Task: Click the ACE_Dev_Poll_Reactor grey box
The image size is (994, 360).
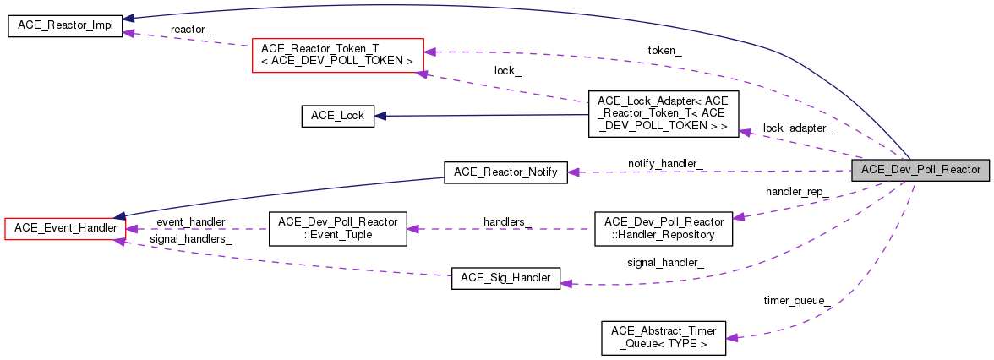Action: click(920, 170)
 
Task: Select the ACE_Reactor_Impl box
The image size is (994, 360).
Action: click(64, 26)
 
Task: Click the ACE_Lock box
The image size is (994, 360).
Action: click(337, 116)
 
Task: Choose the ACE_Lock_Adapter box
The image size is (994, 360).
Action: click(663, 114)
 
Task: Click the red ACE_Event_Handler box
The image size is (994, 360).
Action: click(64, 228)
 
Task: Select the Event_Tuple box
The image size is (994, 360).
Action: click(337, 228)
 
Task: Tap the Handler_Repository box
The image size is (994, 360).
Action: click(663, 228)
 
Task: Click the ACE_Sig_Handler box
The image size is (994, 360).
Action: click(505, 278)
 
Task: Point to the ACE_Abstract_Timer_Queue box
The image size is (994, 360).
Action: click(663, 337)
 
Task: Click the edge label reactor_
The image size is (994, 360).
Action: click(190, 30)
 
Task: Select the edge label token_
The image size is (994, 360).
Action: click(665, 51)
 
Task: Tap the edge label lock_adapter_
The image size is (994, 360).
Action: click(797, 128)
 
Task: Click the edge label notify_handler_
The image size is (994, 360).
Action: click(667, 162)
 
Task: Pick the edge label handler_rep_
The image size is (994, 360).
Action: click(796, 193)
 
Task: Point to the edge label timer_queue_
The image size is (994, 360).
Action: click(797, 301)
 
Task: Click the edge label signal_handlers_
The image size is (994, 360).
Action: click(191, 239)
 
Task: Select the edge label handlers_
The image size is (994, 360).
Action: click(508, 221)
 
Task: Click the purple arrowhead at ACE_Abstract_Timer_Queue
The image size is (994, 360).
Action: click(732, 337)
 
